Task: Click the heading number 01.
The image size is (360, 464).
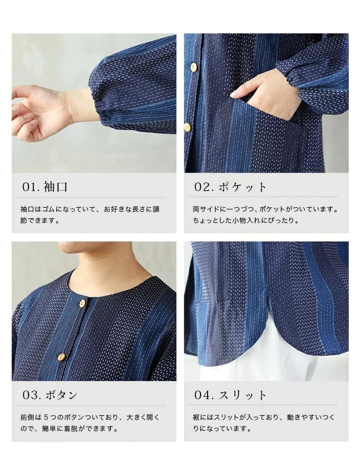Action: [x=30, y=187]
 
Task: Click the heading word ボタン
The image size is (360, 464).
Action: [x=61, y=395]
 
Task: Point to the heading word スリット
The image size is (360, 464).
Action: [x=243, y=395]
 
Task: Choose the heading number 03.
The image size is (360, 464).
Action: [x=32, y=395]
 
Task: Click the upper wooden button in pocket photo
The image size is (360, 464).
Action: [x=194, y=68]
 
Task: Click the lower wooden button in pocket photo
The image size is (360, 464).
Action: [x=187, y=127]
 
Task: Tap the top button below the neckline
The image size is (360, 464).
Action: [x=82, y=304]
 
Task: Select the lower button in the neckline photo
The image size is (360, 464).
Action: [x=61, y=357]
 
